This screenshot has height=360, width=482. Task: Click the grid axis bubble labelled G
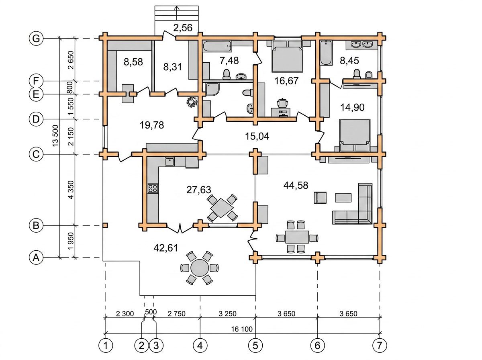coord(36,39)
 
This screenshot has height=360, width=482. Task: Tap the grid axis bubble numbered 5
coord(255,346)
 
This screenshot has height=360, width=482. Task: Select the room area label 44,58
coord(296,185)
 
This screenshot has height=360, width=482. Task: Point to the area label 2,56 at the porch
coord(183,28)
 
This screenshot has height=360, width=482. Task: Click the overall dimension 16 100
coord(242,329)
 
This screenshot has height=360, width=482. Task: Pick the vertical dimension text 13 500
coord(55,135)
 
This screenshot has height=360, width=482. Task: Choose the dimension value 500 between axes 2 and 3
coord(151,312)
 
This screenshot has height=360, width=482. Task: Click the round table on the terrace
coord(200,268)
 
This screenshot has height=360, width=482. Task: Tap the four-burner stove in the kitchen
coord(153,188)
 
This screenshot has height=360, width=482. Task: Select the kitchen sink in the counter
coord(170,162)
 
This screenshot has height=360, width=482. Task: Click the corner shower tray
coord(212,89)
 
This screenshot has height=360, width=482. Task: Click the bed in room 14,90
coord(355,135)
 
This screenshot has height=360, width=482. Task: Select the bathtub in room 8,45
coord(326,53)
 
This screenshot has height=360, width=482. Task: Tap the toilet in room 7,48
coord(227,74)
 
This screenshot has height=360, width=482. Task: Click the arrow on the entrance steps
coord(177,13)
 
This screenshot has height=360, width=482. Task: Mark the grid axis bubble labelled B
coord(36,225)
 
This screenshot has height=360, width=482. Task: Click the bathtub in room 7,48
coord(217,46)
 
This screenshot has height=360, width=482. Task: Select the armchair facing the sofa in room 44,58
coord(320,197)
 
